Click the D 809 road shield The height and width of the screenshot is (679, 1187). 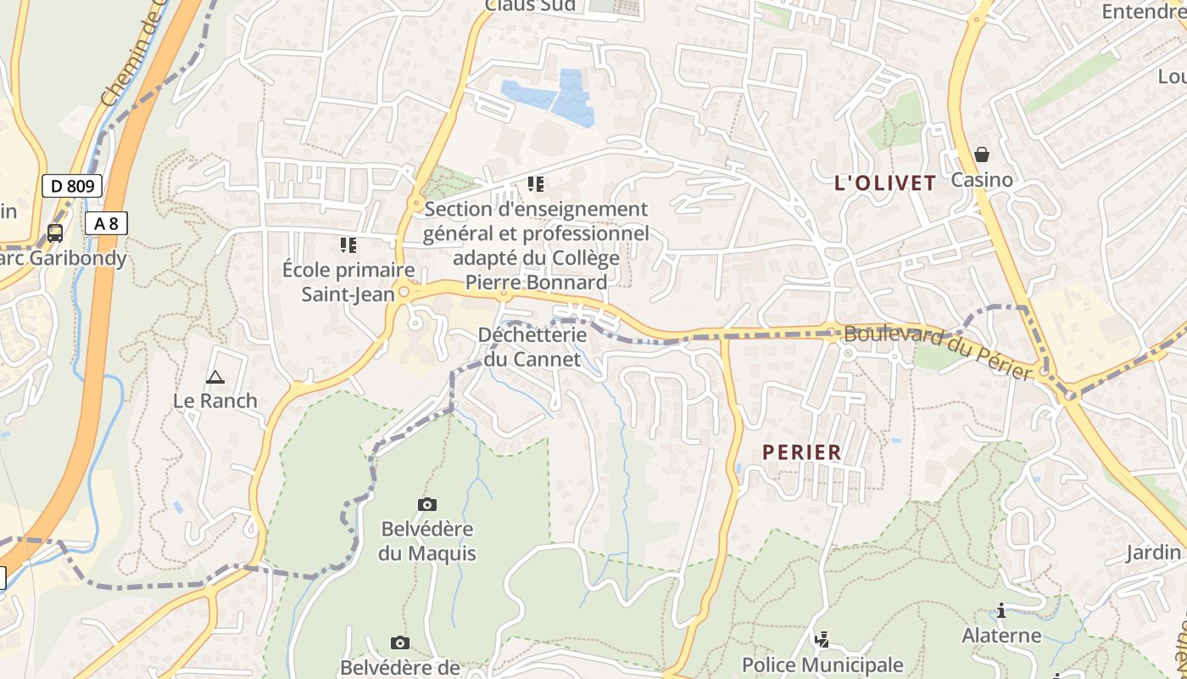pos(72,186)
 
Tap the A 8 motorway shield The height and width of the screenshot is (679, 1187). pos(106,223)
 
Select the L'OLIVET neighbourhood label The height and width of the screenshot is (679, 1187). pos(885,182)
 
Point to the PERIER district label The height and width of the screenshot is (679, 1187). pos(802,452)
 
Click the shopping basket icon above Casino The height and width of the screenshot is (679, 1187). pos(982,154)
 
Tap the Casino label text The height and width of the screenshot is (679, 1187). pos(982,180)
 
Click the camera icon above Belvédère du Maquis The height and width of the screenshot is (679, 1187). pos(427,505)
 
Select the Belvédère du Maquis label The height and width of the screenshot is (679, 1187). pos(427,542)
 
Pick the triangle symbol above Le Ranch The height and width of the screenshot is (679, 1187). pos(215,377)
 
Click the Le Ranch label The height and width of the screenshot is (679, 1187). pos(215,401)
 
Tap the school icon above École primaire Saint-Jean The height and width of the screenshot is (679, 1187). pos(348,245)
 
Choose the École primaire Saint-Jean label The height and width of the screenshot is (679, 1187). pos(348,283)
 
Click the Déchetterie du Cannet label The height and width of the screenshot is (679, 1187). pos(532,347)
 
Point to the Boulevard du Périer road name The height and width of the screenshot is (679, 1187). pos(939,352)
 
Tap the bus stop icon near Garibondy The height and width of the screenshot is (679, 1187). pos(55,233)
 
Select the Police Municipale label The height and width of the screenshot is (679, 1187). pos(822,665)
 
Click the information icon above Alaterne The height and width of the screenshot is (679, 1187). pos(1001,610)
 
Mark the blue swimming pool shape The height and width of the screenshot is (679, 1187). pos(551,98)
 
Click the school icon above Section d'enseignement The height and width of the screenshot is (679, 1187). pos(535,183)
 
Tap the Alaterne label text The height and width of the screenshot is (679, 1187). pos(1001,636)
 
